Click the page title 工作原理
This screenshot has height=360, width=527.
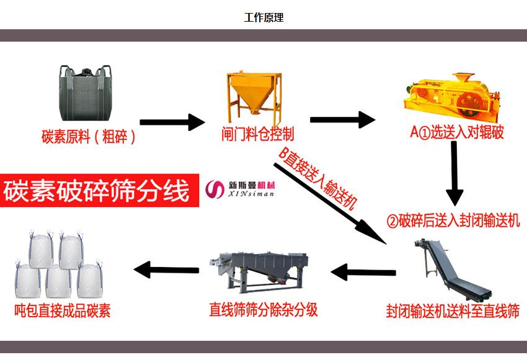(x=263, y=18)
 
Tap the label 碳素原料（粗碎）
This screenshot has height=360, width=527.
(x=89, y=136)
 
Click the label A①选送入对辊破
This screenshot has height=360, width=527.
(x=457, y=133)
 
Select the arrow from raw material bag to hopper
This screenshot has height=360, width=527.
(x=172, y=122)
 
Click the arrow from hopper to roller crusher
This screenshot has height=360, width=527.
(x=342, y=120)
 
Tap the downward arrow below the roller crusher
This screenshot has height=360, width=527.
(x=454, y=173)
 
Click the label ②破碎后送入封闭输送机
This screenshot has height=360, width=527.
(x=453, y=221)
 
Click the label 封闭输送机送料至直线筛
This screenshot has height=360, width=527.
(x=452, y=310)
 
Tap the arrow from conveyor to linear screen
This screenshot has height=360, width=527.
(x=363, y=271)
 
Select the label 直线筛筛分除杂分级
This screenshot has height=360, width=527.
(x=263, y=310)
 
